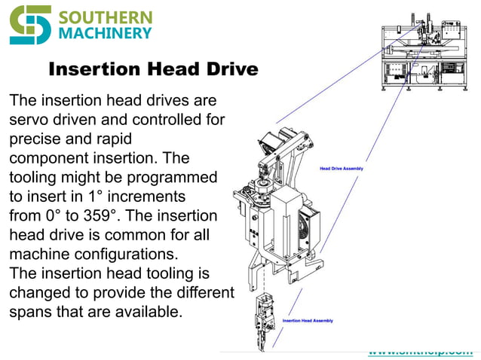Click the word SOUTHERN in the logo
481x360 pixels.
(x=105, y=17)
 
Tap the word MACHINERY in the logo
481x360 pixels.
(x=105, y=34)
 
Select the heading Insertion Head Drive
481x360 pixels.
(x=153, y=70)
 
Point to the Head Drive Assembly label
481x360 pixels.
(x=342, y=169)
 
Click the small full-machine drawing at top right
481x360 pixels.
(x=426, y=56)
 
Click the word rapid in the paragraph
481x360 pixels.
(x=112, y=139)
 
